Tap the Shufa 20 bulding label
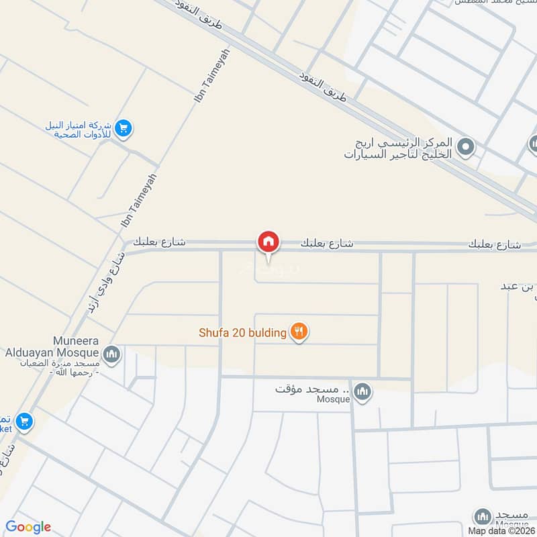coord(242,332)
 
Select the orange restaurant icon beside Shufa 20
coord(299,331)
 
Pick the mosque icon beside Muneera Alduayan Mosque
coord(111,354)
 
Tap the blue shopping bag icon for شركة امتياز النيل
coord(122,128)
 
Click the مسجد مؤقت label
coord(313,389)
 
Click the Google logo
coord(28,527)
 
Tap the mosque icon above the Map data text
coord(482,516)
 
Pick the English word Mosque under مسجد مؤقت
coord(334,399)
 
